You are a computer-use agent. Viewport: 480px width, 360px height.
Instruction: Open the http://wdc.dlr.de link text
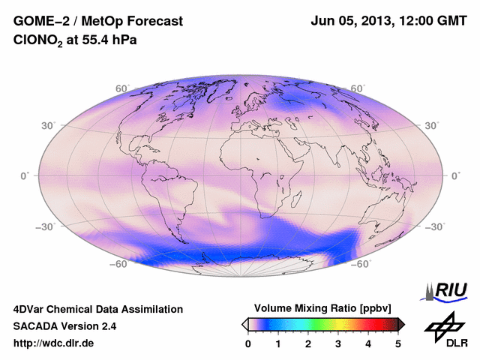(54, 343)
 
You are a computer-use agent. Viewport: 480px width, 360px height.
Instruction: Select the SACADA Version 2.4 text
(64, 326)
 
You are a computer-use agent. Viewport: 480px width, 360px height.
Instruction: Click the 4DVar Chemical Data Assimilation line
(97, 309)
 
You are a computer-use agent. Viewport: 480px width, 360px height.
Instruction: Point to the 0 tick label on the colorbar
(248, 343)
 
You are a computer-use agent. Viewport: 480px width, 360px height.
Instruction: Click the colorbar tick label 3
(338, 343)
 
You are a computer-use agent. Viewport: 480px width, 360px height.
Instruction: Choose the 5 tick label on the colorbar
(398, 343)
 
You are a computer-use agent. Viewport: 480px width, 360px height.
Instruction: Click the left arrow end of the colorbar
(244, 324)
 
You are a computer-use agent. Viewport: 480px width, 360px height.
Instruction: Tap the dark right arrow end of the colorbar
(401, 324)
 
